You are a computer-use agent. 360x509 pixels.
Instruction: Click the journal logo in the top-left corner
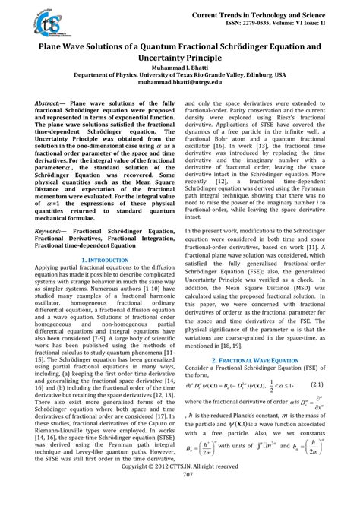33,25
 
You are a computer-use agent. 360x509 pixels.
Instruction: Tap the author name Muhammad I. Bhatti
180,68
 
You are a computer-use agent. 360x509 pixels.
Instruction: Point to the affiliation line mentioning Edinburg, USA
180,76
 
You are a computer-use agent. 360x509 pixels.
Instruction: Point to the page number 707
180,496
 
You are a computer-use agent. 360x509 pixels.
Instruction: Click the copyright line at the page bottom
180,488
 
